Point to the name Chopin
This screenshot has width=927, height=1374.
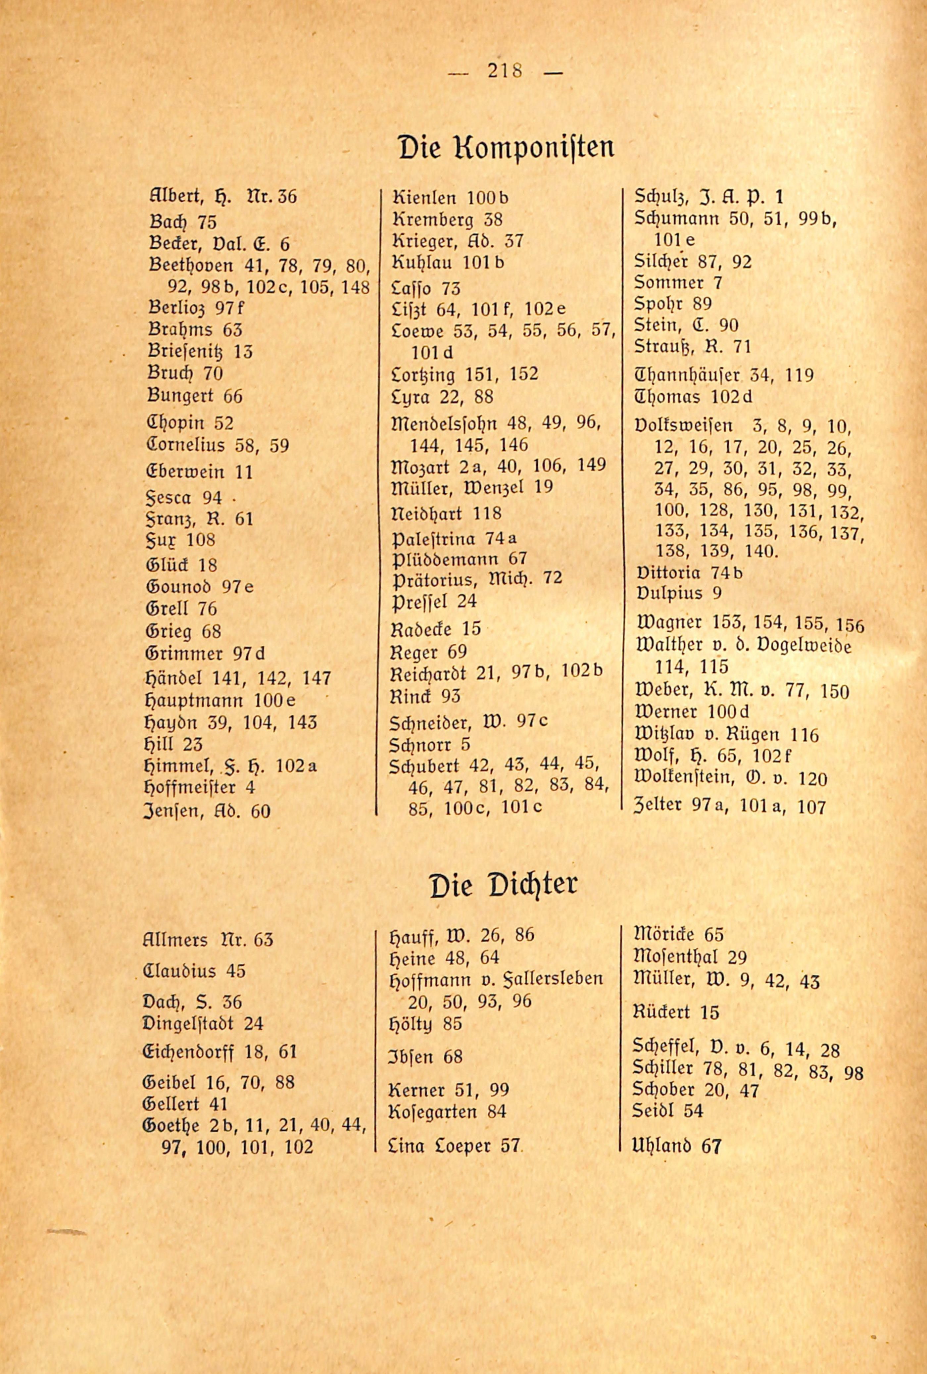tap(175, 423)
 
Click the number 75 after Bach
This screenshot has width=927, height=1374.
tap(207, 222)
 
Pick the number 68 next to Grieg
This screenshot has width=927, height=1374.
tap(211, 631)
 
